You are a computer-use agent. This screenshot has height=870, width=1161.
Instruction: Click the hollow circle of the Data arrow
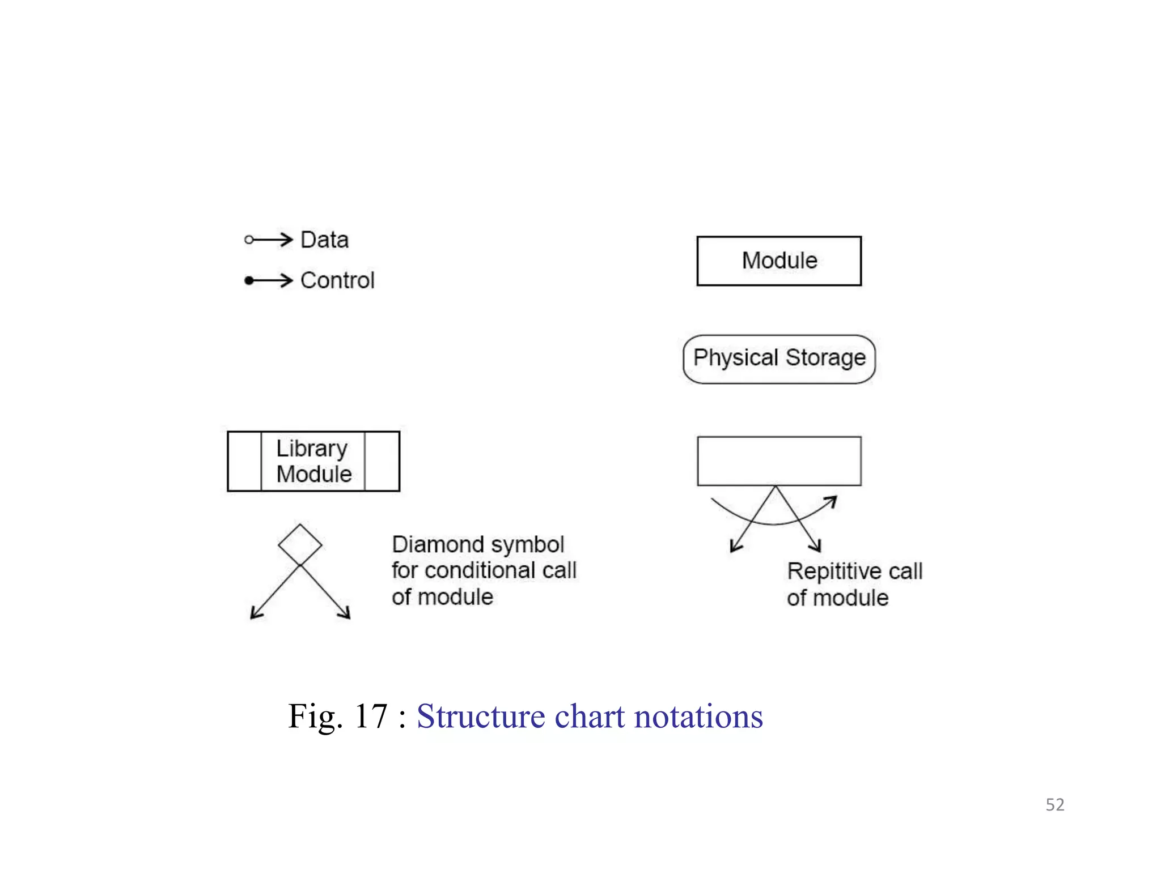point(249,240)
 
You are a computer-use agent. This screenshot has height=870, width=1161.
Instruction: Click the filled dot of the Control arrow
point(249,280)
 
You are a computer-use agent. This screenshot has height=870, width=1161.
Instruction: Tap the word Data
point(324,240)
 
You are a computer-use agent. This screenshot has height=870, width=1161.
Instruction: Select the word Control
point(337,280)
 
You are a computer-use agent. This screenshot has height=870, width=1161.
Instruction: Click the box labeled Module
point(779,261)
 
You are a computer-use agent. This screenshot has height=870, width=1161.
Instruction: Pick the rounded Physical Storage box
point(779,359)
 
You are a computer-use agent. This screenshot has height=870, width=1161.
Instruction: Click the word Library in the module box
point(311,449)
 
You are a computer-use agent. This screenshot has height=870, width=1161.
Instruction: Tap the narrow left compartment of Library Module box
point(244,461)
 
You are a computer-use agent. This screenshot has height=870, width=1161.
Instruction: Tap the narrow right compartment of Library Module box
point(382,461)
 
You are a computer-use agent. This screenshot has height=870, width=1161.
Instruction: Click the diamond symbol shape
point(300,545)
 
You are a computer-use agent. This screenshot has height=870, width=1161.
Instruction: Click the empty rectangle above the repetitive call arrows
point(779,461)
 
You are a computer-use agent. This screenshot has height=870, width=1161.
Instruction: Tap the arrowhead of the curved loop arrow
point(832,501)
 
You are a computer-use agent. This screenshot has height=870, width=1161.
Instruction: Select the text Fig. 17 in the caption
point(338,716)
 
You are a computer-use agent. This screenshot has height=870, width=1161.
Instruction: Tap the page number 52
point(1054,805)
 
